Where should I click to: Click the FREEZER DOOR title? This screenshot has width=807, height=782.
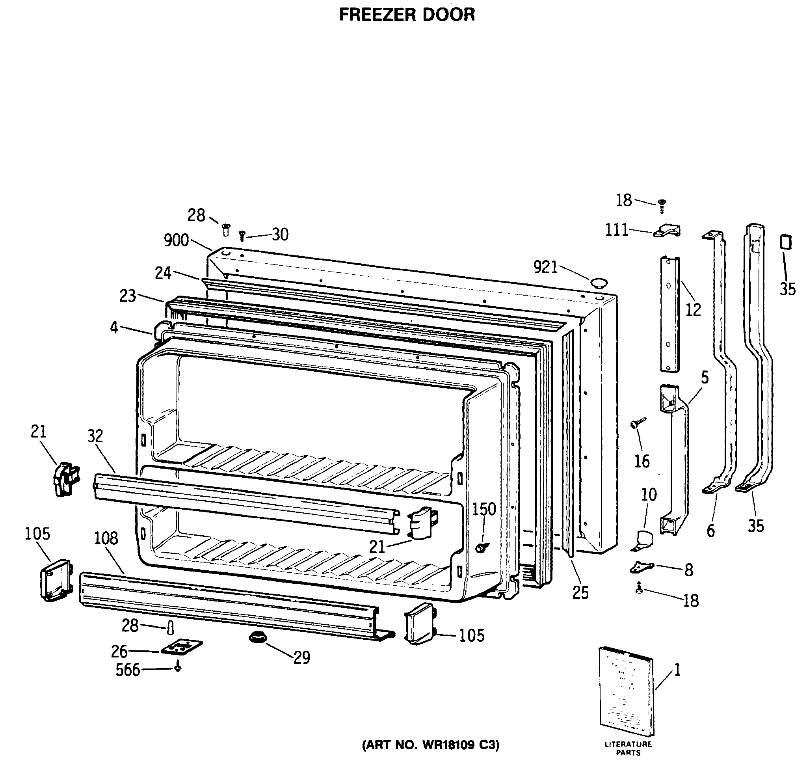[407, 15]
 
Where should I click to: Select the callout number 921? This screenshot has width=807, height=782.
[545, 268]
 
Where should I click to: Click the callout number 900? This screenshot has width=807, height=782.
[176, 240]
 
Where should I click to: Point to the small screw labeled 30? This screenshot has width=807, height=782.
[242, 236]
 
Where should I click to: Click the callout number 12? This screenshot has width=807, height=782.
[693, 310]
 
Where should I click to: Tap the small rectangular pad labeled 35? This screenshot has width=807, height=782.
[786, 242]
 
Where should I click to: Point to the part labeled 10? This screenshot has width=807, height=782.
[643, 541]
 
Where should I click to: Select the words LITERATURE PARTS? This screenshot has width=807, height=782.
[628, 748]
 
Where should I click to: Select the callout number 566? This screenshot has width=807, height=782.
[128, 670]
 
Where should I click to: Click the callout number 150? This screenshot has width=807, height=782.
[484, 509]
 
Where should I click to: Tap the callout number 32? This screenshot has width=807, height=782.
[95, 436]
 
